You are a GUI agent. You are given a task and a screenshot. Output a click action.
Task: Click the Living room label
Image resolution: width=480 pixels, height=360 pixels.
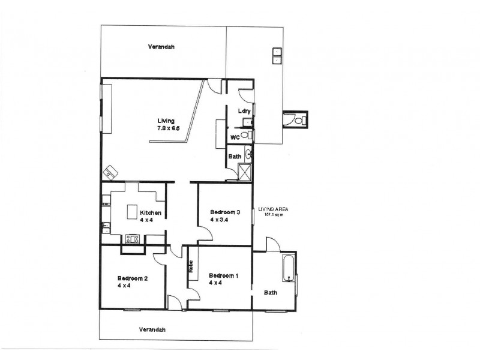click(166, 121)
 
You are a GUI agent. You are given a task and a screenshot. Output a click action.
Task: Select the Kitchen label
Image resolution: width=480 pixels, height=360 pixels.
click(150, 213)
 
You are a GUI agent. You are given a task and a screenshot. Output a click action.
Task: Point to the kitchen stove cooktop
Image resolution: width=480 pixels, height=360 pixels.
click(132, 239)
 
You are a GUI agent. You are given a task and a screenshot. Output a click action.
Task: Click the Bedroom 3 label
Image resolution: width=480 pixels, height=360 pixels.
click(225, 212)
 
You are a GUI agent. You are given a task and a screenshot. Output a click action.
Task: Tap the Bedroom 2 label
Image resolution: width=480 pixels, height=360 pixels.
click(132, 278)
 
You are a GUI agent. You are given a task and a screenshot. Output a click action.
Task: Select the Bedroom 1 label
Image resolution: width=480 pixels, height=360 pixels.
click(224, 276)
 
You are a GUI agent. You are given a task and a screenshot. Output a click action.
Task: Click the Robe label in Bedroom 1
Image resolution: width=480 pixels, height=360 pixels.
click(190, 266)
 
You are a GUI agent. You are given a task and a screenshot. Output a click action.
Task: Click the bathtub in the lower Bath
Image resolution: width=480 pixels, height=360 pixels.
click(289, 269)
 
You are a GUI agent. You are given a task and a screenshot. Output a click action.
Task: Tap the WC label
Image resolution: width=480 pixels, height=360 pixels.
click(236, 137)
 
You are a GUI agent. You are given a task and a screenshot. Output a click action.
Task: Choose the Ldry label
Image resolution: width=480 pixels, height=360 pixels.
click(244, 110)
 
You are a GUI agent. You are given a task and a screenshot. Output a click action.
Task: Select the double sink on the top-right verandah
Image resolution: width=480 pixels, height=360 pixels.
click(277, 55)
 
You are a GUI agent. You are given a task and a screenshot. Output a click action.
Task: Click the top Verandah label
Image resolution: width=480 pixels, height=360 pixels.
click(161, 46)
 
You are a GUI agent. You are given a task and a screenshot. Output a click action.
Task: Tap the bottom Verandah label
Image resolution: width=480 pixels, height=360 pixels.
click(152, 329)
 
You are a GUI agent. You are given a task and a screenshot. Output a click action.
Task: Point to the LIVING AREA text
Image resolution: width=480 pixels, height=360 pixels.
click(274, 209)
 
